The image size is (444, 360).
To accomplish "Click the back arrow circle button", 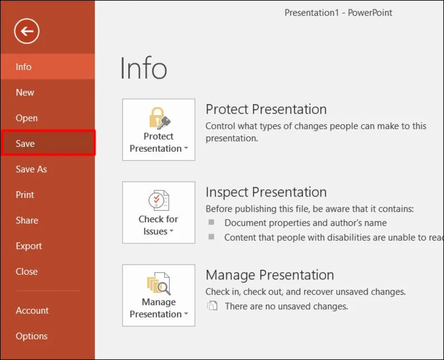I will coord(27,31).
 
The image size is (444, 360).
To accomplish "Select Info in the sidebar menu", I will coord(23,67).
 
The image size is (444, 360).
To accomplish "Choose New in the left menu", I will coord(25,92).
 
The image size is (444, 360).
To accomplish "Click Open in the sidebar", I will coord(27,118).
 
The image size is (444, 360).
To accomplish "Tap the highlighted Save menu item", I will coord(26,143).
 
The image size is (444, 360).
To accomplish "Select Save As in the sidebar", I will coord(31,169).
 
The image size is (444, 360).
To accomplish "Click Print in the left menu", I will coord(25,194).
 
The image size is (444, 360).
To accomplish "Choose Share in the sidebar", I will coord(27,220).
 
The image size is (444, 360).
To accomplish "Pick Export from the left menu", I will coord(29,246).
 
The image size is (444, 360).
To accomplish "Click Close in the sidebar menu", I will coord(27,271).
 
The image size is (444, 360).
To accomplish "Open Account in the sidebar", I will coord(32,310).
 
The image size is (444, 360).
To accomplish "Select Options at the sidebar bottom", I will coord(32,336).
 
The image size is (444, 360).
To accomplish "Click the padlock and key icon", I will coord(159,118).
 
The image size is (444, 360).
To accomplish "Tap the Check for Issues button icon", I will coord(159,201).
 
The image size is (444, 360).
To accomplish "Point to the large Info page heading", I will coord(143,69).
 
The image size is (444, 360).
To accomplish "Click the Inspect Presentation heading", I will coord(266,192).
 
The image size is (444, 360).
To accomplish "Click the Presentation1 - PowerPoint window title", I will coord(338,13).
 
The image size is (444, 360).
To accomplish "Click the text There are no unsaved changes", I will coord(286,306).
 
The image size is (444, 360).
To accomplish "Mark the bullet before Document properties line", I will coord(211,222).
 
